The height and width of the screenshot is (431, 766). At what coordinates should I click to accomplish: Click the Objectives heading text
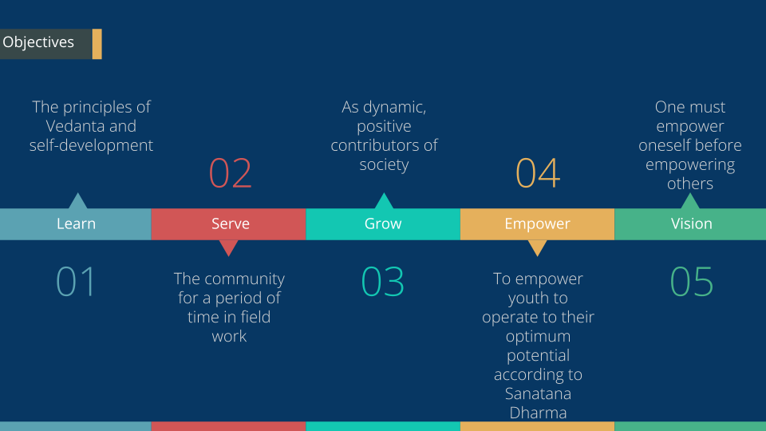coord(38,42)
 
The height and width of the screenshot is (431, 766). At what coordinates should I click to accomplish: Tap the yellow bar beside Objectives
coord(97,44)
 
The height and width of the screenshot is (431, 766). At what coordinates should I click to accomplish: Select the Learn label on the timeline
coord(76,223)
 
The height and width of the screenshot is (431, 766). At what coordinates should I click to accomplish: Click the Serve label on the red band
coord(230,223)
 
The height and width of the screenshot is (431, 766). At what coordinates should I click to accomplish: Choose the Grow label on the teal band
coord(383,223)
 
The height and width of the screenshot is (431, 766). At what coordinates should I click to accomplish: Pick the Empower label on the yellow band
coord(537,223)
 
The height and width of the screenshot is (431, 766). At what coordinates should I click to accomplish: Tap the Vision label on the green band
coord(691,223)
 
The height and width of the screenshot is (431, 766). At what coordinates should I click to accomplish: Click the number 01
coord(75,282)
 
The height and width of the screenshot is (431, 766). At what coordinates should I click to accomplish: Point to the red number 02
coord(230,173)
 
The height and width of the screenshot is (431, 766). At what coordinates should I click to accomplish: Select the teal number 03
coord(382,282)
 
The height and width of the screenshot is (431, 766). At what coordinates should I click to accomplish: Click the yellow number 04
coord(537,173)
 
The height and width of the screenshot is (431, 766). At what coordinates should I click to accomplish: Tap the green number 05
coord(691,282)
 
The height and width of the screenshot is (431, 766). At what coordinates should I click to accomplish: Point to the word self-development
coord(91,145)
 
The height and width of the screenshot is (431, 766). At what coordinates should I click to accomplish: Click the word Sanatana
coord(538,393)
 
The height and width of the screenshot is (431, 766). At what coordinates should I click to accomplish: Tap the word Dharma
coord(538,413)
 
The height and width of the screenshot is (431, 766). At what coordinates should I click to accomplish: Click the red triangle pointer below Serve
coord(228,247)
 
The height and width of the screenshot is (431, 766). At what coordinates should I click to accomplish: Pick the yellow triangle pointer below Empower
coord(537,247)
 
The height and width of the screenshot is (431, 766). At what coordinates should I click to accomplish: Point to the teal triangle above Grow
coord(384,202)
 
